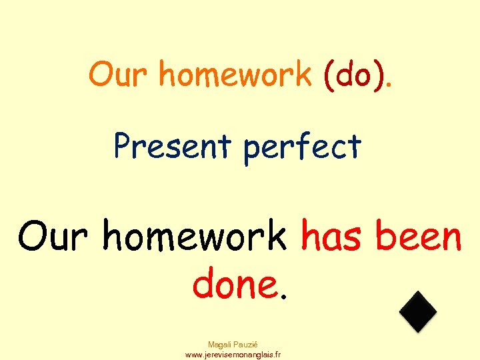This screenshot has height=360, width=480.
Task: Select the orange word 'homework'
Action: (x=235, y=75)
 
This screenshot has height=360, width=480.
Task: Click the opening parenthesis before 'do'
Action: (x=329, y=76)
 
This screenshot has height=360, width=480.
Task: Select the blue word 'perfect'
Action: (x=302, y=148)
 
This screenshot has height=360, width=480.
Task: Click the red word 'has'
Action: (x=332, y=237)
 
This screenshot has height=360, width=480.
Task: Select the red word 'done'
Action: (x=233, y=285)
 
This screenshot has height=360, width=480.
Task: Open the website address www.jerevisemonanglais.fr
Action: (x=233, y=355)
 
